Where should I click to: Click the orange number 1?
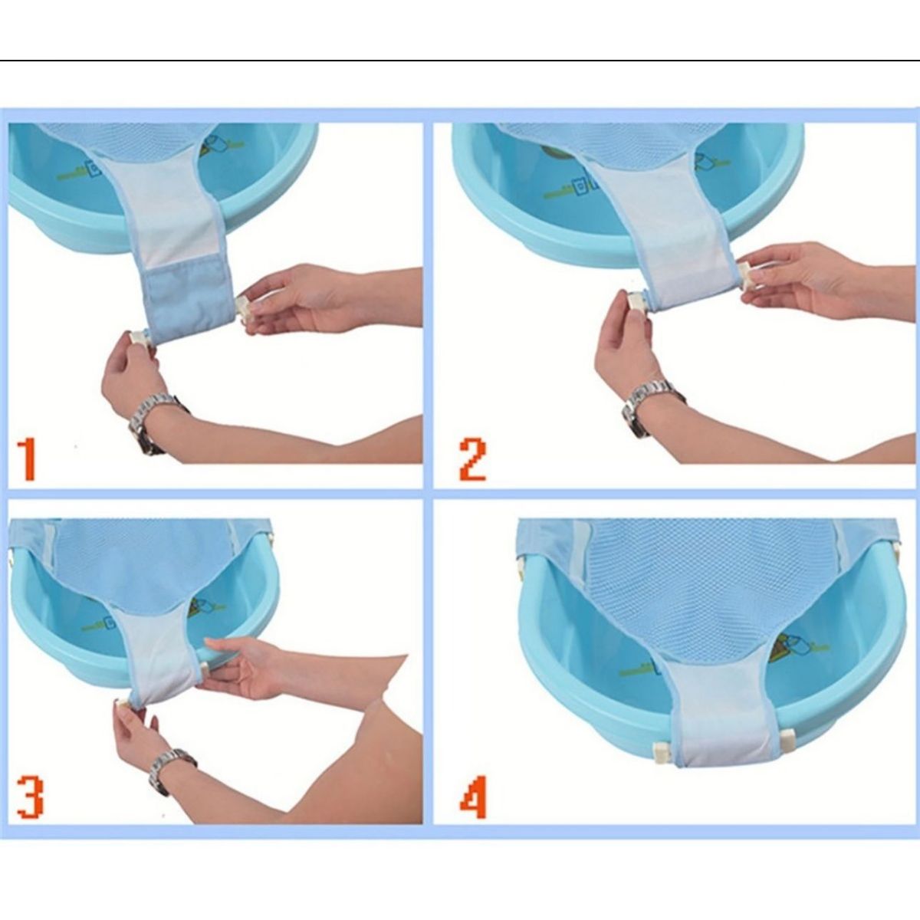[27, 460]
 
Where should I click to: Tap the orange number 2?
[473, 460]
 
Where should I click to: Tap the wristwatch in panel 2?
[652, 406]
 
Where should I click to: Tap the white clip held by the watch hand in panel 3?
[122, 705]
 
